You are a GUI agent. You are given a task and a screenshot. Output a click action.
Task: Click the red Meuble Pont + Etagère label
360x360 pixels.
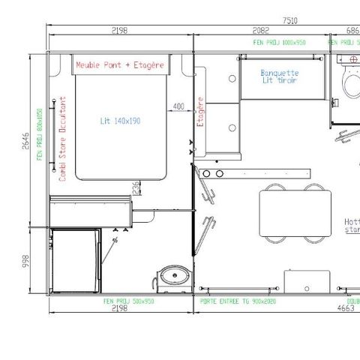coord(120,65)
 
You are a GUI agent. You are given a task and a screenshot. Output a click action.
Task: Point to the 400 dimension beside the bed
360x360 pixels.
coord(178,106)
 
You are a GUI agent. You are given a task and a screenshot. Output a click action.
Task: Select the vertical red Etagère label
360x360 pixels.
coord(200,121)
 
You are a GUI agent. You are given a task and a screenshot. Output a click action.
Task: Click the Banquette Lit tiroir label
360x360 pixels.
coord(280,76)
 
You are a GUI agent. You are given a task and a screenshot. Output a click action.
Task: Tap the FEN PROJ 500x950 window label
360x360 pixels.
coord(129,300)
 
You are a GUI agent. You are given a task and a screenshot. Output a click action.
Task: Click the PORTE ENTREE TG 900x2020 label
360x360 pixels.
coord(239,300)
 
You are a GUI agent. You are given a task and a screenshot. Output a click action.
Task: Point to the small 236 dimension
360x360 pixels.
coord(135,186)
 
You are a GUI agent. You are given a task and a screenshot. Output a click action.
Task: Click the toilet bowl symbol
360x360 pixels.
coord(350,81)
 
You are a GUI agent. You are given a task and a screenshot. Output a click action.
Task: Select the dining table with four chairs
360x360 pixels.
coord(295,212)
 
